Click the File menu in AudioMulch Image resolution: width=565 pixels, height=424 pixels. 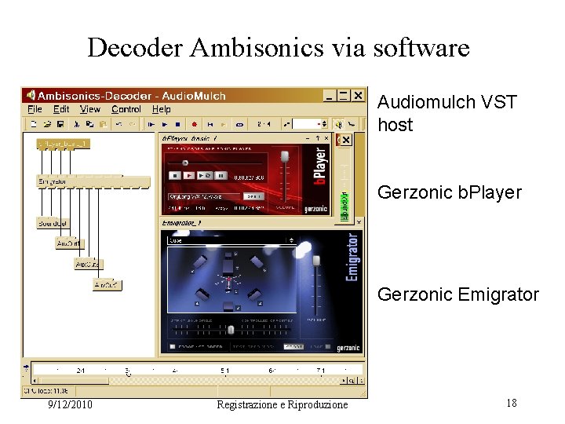35,110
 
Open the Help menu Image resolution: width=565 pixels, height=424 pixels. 161,110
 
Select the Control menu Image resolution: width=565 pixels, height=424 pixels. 126,110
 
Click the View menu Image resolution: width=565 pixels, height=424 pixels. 90,110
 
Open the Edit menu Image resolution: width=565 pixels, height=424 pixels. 61,110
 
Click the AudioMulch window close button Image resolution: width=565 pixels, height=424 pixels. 358,95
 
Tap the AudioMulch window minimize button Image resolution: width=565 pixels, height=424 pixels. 330,95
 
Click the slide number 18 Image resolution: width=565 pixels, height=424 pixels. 511,403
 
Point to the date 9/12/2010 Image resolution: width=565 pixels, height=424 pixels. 70,404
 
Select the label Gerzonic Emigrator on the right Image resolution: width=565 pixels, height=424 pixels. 458,294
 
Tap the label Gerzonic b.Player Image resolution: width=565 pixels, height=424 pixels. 450,192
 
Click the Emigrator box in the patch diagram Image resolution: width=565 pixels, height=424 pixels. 53,181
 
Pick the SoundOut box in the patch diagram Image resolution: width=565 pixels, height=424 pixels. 53,224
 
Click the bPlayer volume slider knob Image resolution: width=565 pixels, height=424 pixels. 284,157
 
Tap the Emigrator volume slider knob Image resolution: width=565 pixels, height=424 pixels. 316,261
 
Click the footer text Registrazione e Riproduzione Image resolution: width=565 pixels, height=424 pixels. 282,404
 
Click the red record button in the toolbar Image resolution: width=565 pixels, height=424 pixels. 193,124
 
